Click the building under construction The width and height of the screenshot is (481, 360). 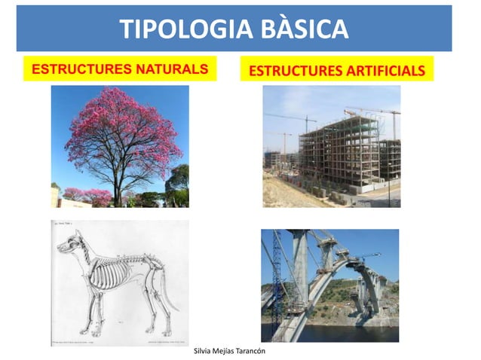pyautogui.click(x=339, y=151)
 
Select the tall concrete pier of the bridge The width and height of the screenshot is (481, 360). pyautogui.click(x=301, y=271)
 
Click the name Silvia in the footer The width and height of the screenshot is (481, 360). pyautogui.click(x=205, y=352)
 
